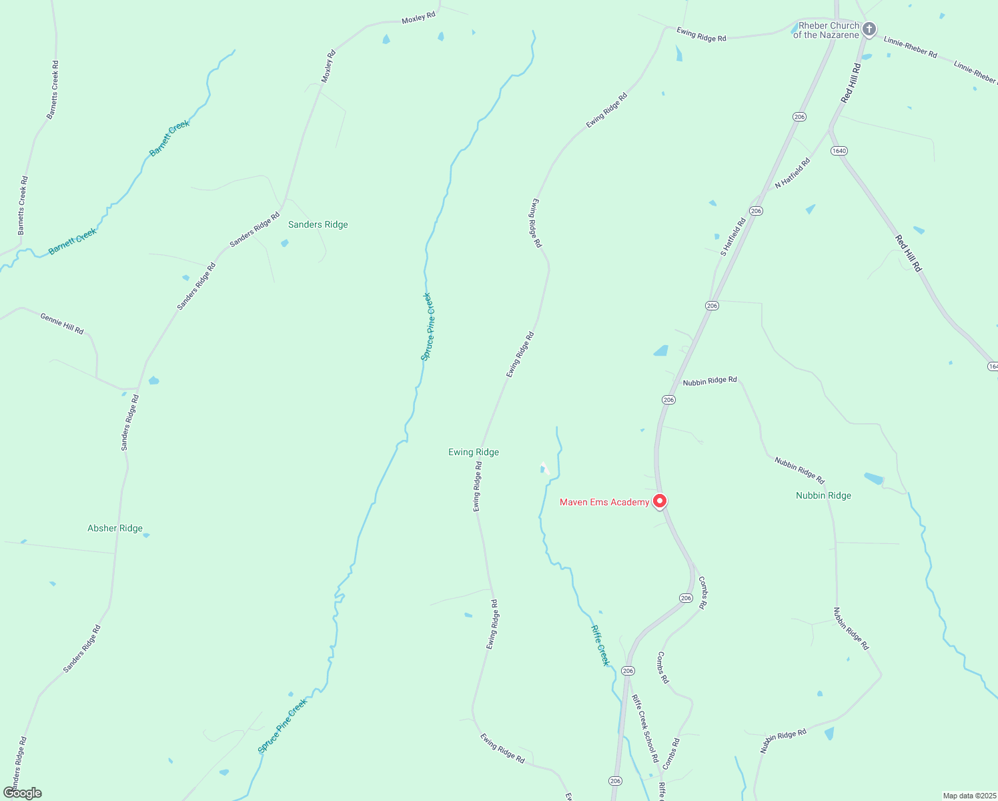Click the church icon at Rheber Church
coord(869,29)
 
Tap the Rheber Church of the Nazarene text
coord(826,31)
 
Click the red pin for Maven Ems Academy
coord(659,501)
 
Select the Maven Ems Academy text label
coord(604,503)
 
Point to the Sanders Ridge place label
coord(318,225)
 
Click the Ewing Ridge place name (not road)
coord(474,453)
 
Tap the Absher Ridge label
coord(115,529)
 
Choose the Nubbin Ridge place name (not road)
coord(823,496)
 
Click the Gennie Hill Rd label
coord(62,324)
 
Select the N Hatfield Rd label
coord(793,174)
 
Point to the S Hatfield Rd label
coord(732,237)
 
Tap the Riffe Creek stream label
coord(600,645)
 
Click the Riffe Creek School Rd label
coord(645,729)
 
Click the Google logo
coord(23,793)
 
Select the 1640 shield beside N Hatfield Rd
coord(839,151)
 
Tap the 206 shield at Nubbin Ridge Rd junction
coord(669,400)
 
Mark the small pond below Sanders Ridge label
coord(285,243)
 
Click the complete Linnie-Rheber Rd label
coord(910,47)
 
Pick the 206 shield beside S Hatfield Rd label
coord(755,211)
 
